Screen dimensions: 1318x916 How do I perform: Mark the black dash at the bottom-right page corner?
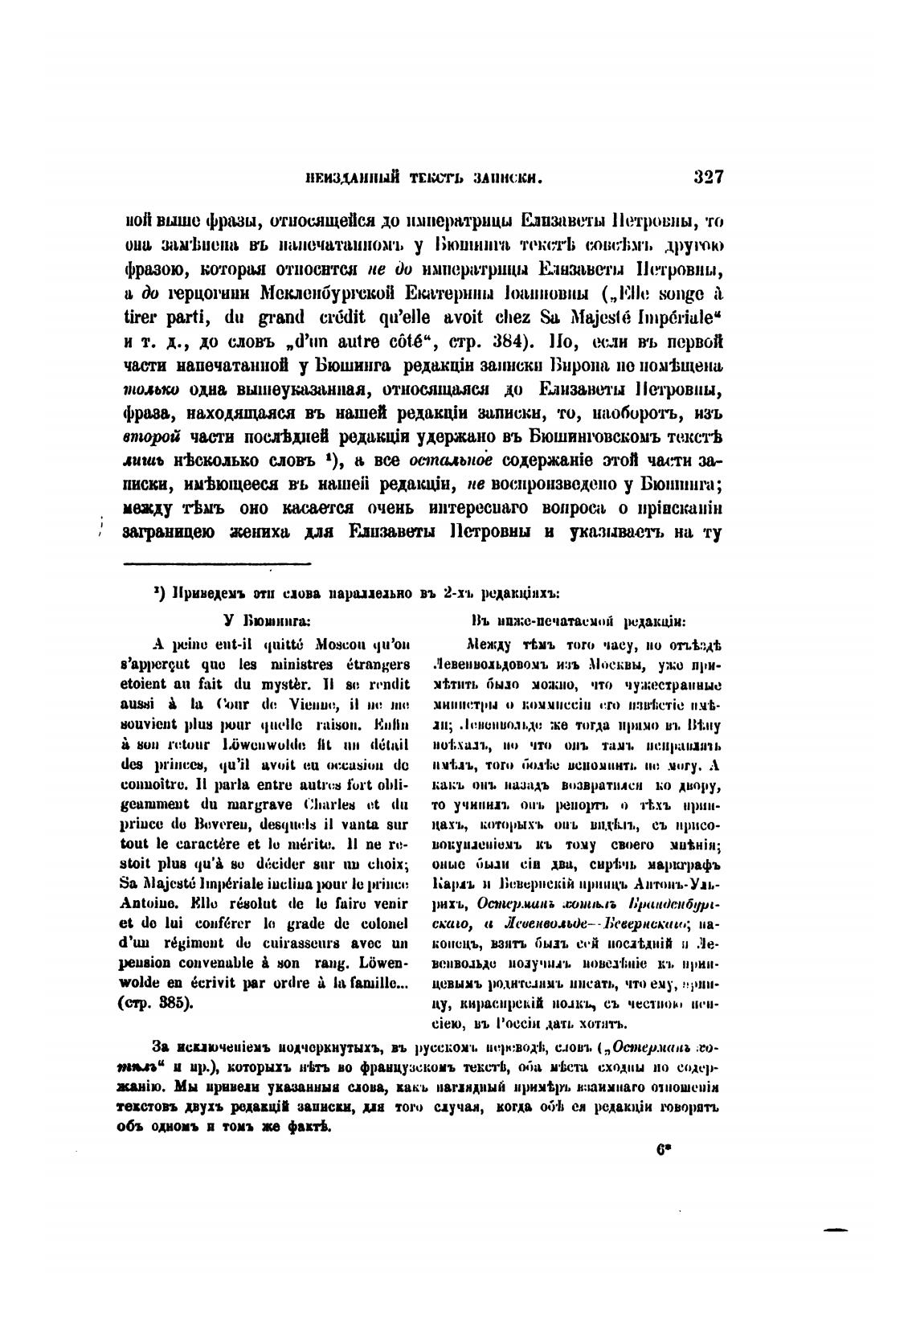836,1230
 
